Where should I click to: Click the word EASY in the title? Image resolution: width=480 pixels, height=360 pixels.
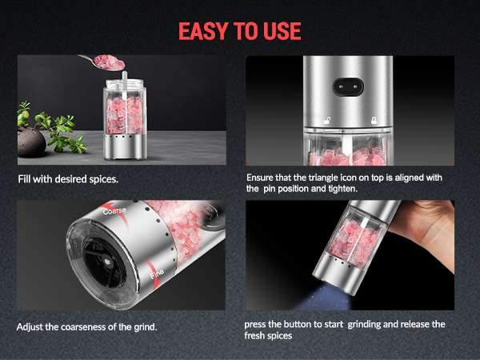point(203,31)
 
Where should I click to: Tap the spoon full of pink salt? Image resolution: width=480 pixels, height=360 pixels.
point(106,62)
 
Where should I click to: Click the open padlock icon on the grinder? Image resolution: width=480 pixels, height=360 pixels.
point(328,118)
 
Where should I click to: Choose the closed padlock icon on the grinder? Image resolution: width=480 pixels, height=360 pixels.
point(371,118)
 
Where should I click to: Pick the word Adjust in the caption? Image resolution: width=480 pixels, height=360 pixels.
point(29,327)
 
